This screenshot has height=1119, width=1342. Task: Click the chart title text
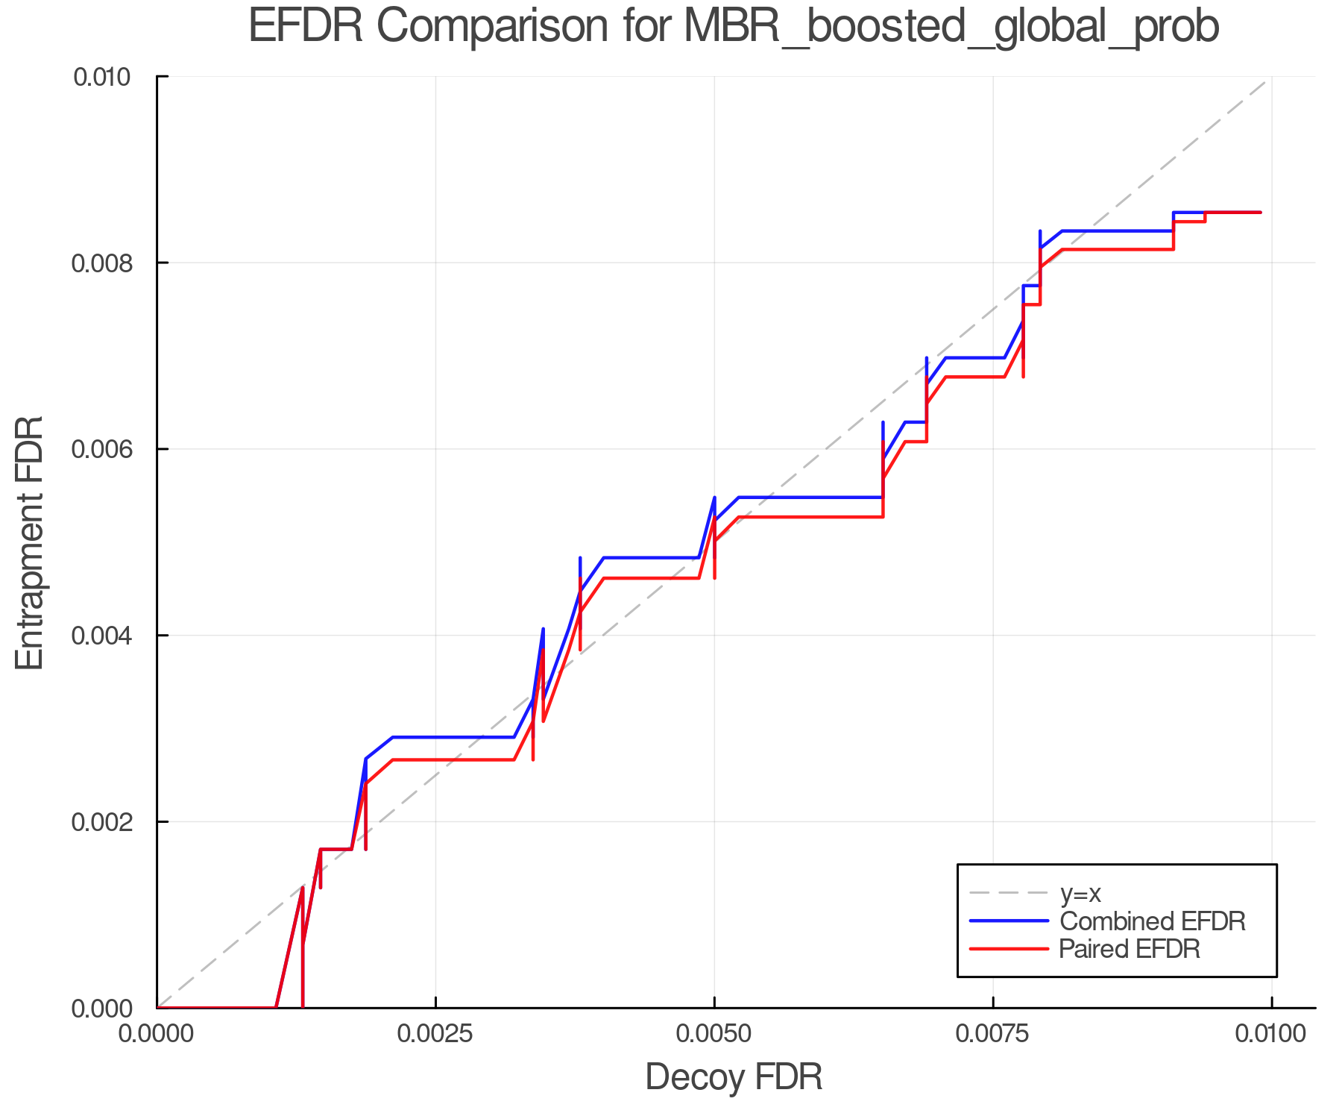pyautogui.click(x=734, y=27)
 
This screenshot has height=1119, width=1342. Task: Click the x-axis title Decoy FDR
pyautogui.click(x=734, y=1077)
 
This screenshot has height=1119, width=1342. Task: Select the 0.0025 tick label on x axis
pyautogui.click(x=435, y=1033)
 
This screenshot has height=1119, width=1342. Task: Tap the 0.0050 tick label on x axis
pyautogui.click(x=714, y=1033)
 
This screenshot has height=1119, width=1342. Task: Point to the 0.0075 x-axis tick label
pyautogui.click(x=993, y=1033)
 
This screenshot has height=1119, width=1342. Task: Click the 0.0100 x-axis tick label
pyautogui.click(x=1271, y=1033)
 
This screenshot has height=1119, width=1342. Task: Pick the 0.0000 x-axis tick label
pyautogui.click(x=157, y=1033)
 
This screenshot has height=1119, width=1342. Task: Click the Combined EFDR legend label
pyautogui.click(x=1153, y=921)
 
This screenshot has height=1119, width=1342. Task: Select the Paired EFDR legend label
pyautogui.click(x=1130, y=949)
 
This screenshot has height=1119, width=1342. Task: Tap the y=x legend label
pyautogui.click(x=1080, y=893)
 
